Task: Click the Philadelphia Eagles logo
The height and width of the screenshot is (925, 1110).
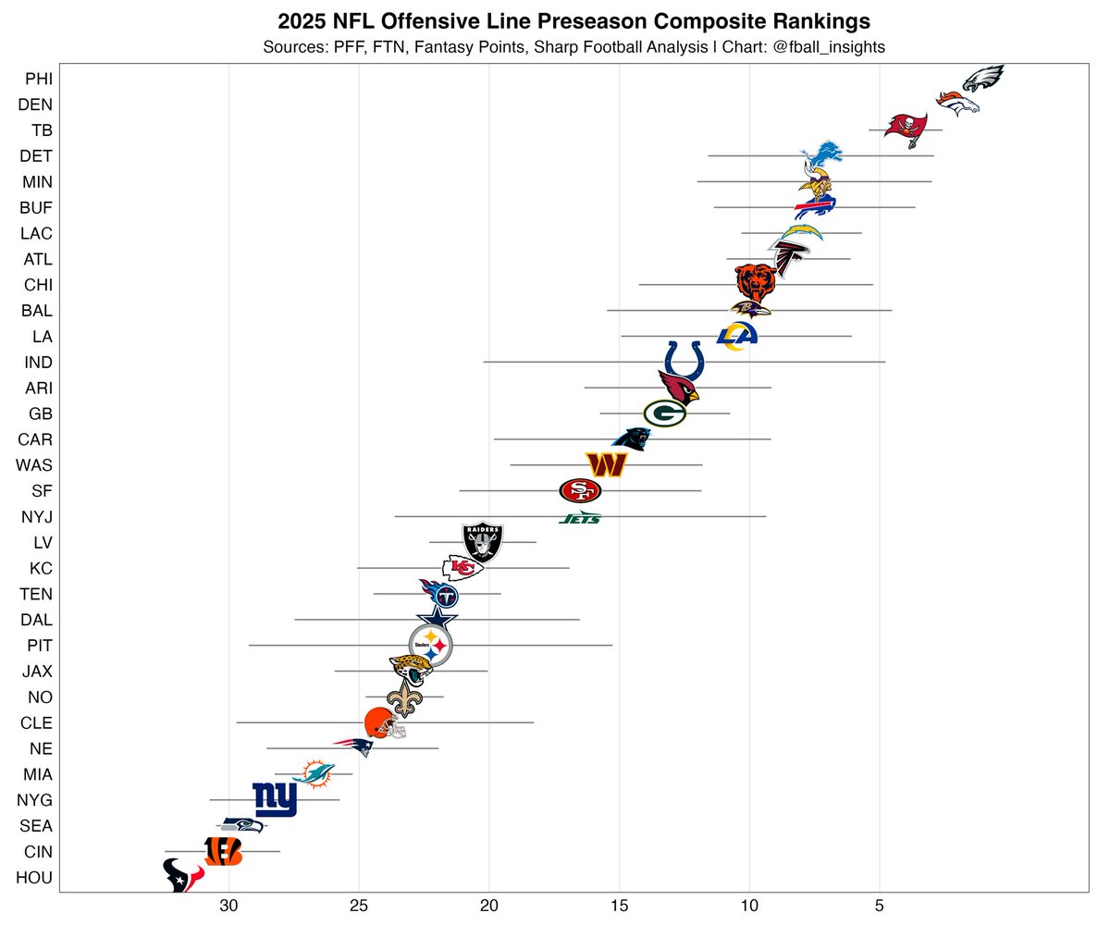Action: (983, 79)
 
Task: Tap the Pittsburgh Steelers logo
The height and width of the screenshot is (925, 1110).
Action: (431, 645)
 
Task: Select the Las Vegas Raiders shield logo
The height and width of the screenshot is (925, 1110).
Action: (483, 542)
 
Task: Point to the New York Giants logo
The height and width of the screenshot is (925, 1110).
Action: (275, 799)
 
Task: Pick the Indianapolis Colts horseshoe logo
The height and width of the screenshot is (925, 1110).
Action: (685, 362)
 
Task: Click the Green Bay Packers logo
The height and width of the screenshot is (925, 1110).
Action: (664, 413)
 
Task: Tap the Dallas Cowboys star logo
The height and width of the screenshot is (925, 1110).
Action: (437, 620)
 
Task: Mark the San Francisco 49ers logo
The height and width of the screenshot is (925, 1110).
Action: (580, 490)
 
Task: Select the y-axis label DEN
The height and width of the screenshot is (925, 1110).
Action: (35, 105)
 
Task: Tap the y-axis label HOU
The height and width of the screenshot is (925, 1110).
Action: (35, 878)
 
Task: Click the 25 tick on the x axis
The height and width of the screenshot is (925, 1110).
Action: (360, 906)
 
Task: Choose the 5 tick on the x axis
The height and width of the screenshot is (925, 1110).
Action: (880, 906)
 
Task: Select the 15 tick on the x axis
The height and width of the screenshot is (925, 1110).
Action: (620, 906)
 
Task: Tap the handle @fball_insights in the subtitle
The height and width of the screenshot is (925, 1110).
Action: (830, 47)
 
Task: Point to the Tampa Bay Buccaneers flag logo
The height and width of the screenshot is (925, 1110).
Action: (906, 127)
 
